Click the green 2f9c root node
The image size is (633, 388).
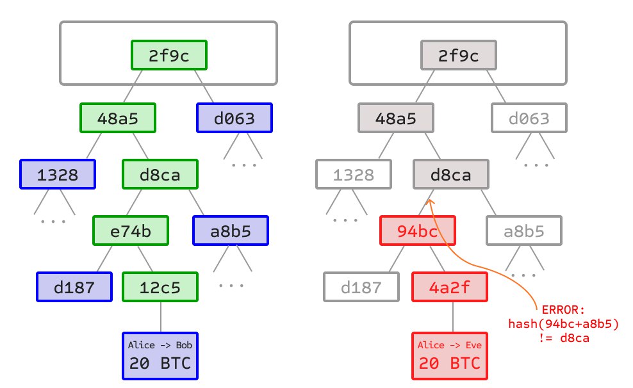pos(170,56)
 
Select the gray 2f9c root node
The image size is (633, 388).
pos(459,56)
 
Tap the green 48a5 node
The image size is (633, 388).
pos(119,118)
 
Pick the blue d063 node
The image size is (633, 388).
pos(234,118)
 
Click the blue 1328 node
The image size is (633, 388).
pos(58,174)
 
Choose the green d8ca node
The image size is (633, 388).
pos(160,174)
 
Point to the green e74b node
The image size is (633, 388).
pos(131,231)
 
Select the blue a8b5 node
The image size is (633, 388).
pos(231,231)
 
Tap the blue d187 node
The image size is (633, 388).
pos(74,287)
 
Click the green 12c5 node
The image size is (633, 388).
pos(160,287)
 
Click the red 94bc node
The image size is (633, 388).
pos(418,231)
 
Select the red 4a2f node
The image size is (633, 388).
pos(449,287)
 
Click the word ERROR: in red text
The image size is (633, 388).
pos(564,310)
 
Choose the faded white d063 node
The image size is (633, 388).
pos(529,118)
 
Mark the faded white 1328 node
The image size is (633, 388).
pos(354,174)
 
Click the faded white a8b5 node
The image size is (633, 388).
pos(523,231)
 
